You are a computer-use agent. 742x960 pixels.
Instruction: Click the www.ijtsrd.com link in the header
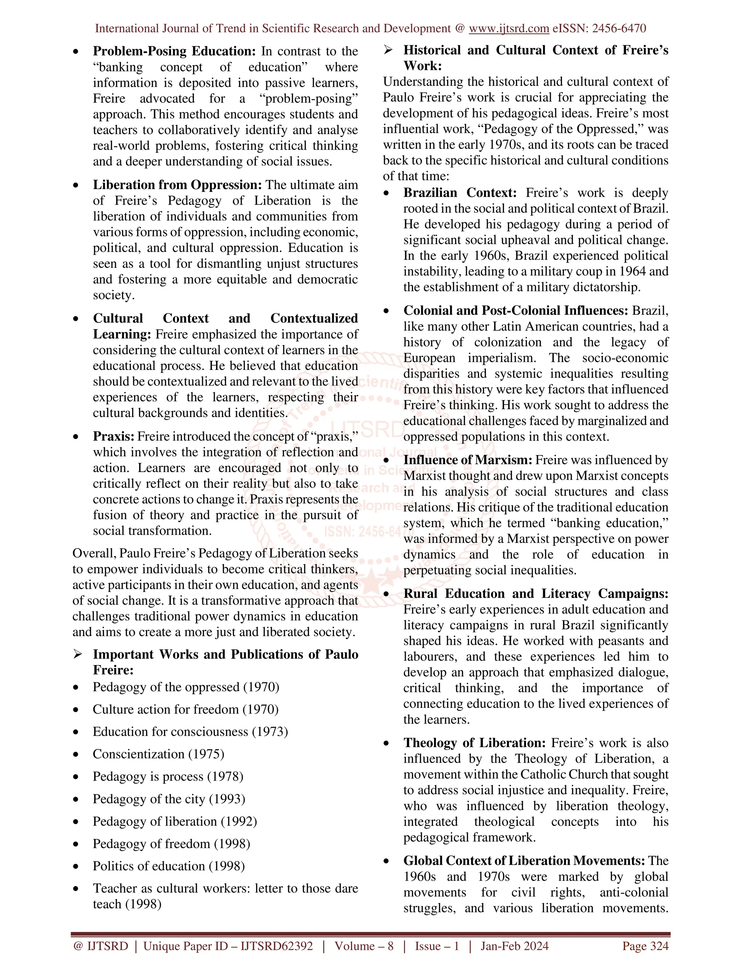pyautogui.click(x=509, y=29)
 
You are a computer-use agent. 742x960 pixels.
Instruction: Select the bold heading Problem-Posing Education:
pyautogui.click(x=174, y=51)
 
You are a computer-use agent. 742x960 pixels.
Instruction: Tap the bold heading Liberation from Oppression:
pyautogui.click(x=177, y=185)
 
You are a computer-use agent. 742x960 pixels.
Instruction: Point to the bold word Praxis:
pyautogui.click(x=113, y=437)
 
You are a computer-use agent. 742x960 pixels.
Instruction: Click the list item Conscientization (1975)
pyautogui.click(x=158, y=754)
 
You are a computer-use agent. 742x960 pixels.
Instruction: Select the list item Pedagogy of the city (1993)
pyautogui.click(x=169, y=799)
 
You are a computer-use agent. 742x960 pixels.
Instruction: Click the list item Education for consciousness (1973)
pyautogui.click(x=190, y=732)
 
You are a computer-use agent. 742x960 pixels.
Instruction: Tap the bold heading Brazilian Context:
pyautogui.click(x=460, y=193)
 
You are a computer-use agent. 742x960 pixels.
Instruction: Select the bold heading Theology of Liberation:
pyautogui.click(x=474, y=743)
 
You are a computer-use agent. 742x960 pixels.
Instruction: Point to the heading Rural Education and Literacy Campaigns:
pyautogui.click(x=535, y=594)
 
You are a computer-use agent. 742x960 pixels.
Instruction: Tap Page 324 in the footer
pyautogui.click(x=645, y=946)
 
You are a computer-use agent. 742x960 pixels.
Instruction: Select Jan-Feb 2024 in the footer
pyautogui.click(x=514, y=946)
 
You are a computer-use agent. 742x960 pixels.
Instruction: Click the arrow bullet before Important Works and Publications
pyautogui.click(x=78, y=655)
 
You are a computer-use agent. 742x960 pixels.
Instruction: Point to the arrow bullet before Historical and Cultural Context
pyautogui.click(x=388, y=50)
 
